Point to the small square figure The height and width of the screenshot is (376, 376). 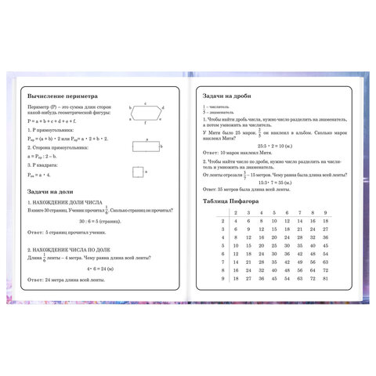[139, 172]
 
